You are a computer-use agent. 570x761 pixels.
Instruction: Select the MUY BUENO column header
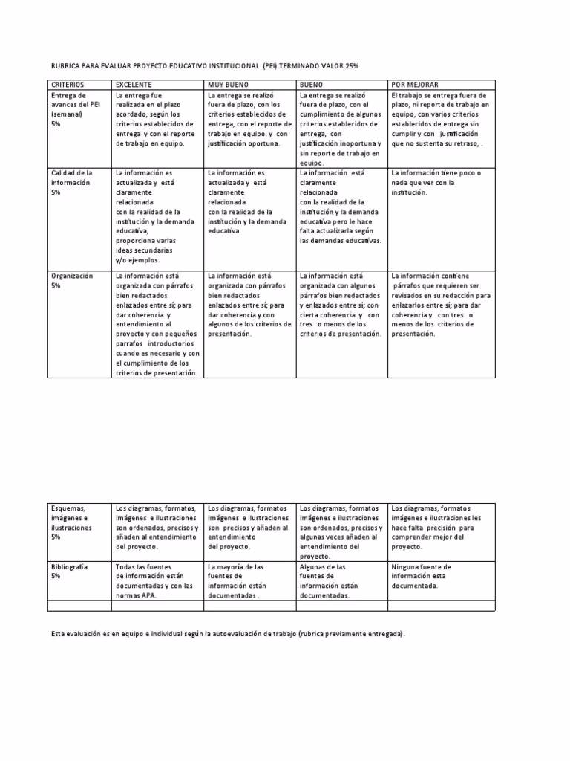click(229, 85)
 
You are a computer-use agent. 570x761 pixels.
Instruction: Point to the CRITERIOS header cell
click(68, 85)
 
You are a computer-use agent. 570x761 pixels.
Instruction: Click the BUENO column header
click(311, 85)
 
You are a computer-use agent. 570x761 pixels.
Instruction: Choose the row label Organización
click(71, 280)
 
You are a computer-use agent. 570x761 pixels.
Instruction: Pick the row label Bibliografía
click(69, 571)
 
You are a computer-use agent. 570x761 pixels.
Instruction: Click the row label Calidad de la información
click(71, 182)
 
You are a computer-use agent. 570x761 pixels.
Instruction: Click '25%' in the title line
click(350, 66)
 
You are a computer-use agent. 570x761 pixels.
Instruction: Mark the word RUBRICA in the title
click(65, 66)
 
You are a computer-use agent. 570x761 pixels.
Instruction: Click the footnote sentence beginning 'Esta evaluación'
click(229, 634)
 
